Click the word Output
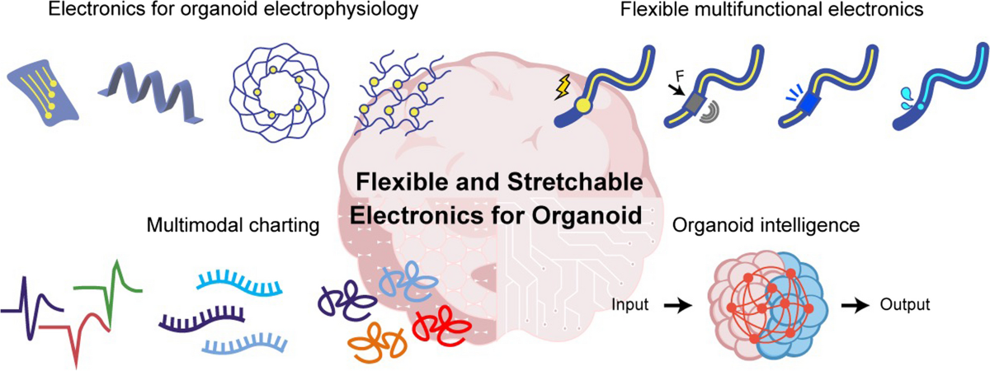coord(903,304)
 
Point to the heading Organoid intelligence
coord(756,224)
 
